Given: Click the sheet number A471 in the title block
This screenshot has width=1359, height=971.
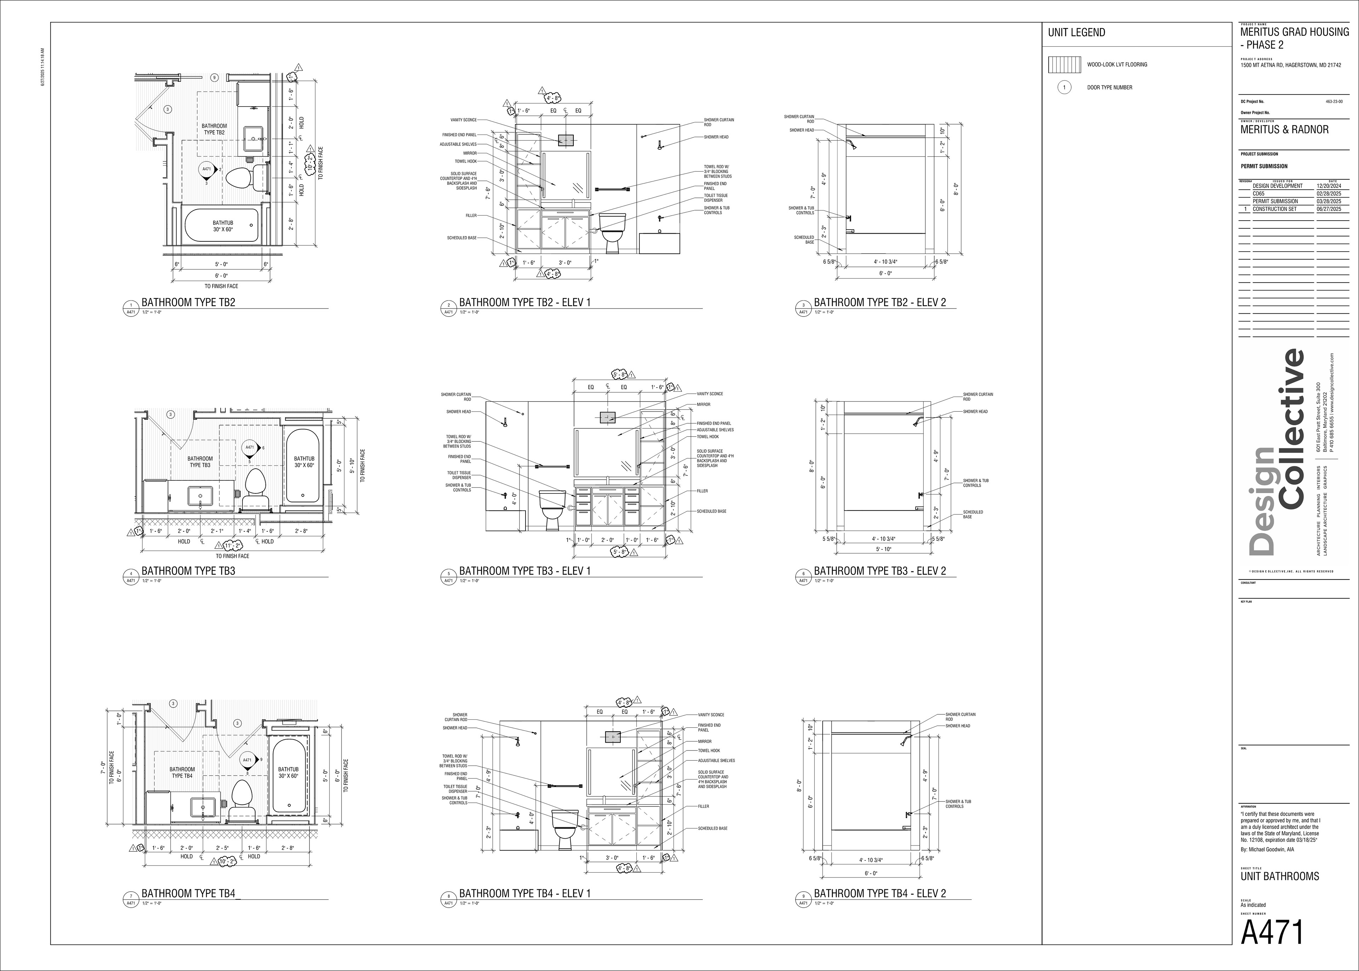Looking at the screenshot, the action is click(1271, 932).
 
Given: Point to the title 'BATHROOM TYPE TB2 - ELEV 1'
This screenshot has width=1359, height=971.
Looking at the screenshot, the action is click(525, 303).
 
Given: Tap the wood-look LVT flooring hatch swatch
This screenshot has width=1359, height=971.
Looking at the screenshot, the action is click(1064, 64).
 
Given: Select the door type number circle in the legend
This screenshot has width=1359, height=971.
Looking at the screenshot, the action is click(1064, 88).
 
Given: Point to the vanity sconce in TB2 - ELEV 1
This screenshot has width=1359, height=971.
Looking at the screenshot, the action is click(565, 140).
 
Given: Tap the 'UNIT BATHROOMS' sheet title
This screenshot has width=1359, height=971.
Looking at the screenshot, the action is click(1279, 876).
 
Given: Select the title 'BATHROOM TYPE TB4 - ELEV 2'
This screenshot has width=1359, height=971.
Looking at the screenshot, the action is click(880, 893).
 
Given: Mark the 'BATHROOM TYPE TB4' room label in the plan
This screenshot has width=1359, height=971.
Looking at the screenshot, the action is click(182, 772).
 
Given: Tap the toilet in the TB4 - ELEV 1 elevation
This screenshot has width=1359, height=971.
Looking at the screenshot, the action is click(565, 828).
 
